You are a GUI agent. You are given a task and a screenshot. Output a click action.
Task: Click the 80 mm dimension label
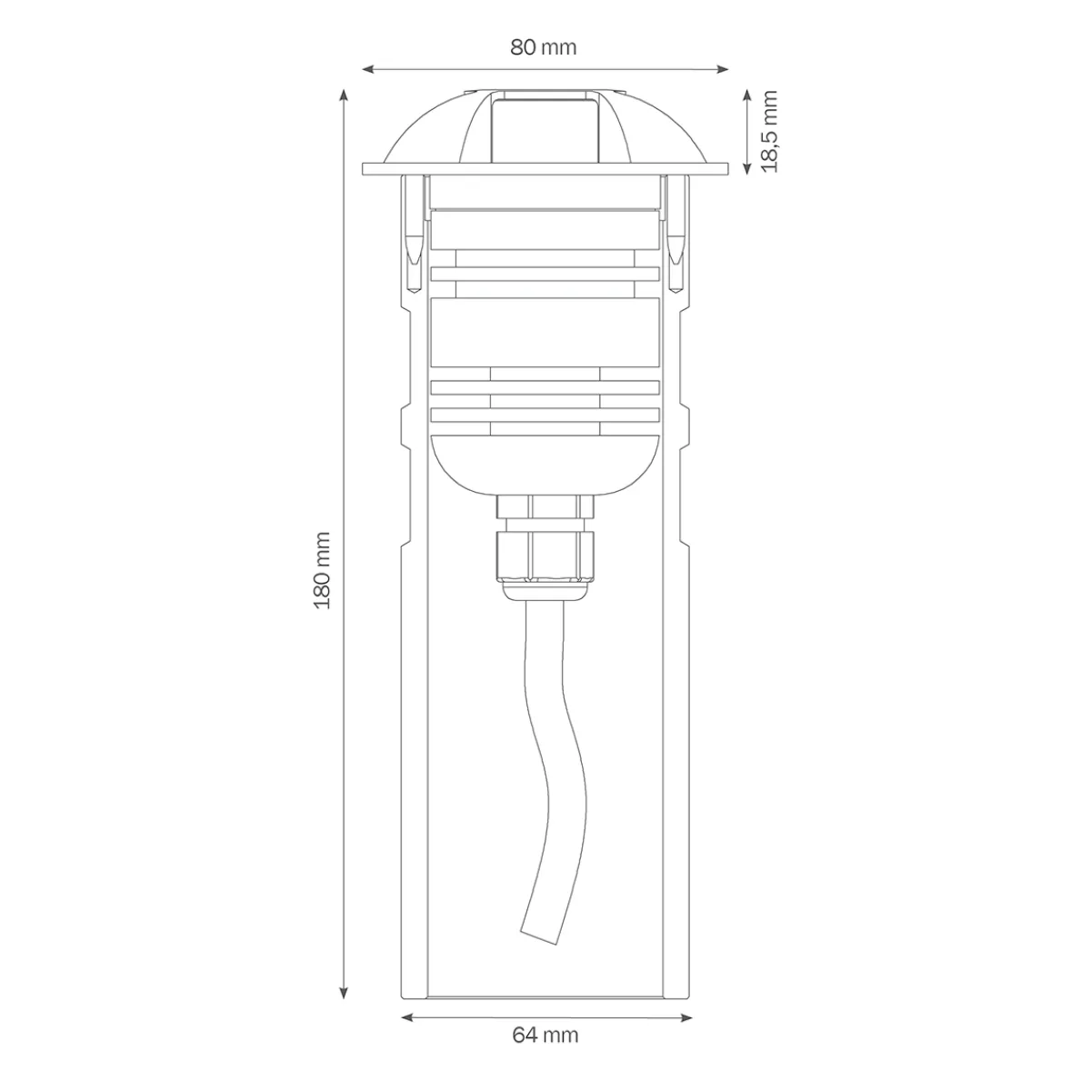pos(544,47)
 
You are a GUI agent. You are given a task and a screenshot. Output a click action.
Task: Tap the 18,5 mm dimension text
pos(771,131)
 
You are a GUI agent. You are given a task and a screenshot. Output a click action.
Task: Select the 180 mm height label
pos(323,571)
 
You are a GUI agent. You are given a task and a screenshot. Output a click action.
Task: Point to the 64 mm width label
pos(545,1035)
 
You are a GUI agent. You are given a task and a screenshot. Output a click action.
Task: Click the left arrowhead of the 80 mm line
pos(366,68)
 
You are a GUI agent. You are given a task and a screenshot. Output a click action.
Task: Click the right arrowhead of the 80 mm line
pos(725,68)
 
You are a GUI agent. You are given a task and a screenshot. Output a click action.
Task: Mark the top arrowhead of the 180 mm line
pos(344,94)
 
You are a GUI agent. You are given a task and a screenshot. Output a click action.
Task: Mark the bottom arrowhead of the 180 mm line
pos(344,995)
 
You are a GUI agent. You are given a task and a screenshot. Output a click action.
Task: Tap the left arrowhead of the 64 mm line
pos(405,1017)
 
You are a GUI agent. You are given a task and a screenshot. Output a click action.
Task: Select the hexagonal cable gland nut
pos(544,556)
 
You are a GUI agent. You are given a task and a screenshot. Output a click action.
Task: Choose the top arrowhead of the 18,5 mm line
pos(746,94)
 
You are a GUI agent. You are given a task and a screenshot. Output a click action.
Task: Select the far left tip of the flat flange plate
pos(365,170)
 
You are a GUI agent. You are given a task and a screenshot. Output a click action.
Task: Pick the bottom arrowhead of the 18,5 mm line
pos(746,168)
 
